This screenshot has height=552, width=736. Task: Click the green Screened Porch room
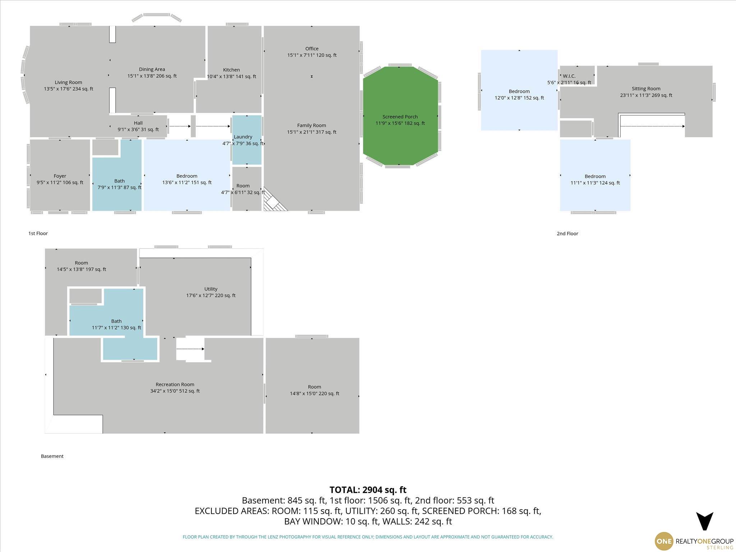pyautogui.click(x=400, y=116)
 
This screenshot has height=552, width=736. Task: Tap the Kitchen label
pyautogui.click(x=231, y=70)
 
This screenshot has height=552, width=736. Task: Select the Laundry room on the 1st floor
pyautogui.click(x=247, y=140)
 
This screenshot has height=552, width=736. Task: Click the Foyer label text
pyautogui.click(x=60, y=176)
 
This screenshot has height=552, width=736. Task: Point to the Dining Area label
pyautogui.click(x=152, y=69)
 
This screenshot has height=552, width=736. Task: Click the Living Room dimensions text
pyautogui.click(x=69, y=89)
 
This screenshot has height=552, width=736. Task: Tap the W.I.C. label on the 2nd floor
pyautogui.click(x=569, y=76)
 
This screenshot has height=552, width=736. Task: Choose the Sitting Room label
pyautogui.click(x=646, y=89)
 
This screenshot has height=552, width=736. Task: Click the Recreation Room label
pyautogui.click(x=175, y=385)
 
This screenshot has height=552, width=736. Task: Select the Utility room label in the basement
pyautogui.click(x=211, y=289)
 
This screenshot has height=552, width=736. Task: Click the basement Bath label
pyautogui.click(x=116, y=321)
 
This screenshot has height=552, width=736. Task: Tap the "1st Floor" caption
pyautogui.click(x=38, y=233)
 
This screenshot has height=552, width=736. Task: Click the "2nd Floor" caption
pyautogui.click(x=567, y=234)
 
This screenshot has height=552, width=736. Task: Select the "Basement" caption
pyautogui.click(x=52, y=456)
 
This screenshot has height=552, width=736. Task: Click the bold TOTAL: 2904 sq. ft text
pyautogui.click(x=368, y=490)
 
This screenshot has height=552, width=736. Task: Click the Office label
pyautogui.click(x=312, y=49)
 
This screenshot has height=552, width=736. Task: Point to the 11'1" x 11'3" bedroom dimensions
pyautogui.click(x=595, y=183)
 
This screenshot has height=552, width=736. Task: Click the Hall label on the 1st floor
pyautogui.click(x=138, y=123)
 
